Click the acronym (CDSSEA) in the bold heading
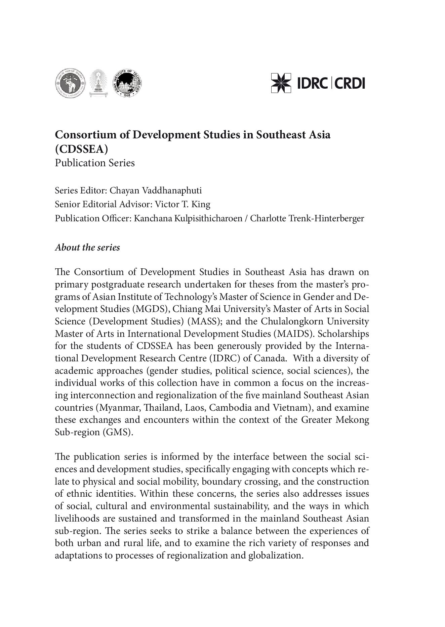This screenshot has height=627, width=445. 81,149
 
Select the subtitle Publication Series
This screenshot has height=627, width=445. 95,163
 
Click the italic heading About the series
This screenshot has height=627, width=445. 87,248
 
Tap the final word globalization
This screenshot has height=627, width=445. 276,555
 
